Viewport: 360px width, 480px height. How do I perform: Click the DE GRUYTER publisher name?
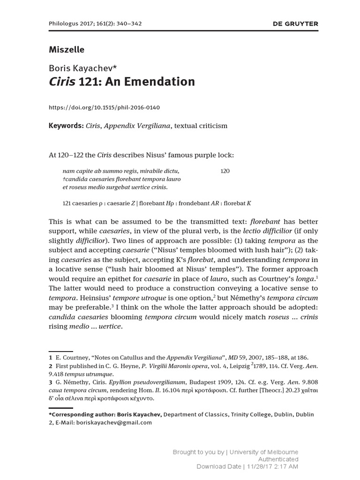(x=295, y=23)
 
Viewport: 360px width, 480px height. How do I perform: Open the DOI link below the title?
(x=105, y=107)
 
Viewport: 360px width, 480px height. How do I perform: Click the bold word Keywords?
(x=66, y=126)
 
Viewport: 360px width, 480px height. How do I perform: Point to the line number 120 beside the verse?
(x=225, y=171)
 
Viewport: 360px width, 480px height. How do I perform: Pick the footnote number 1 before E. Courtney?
(x=51, y=358)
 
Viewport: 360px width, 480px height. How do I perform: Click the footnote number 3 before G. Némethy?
(x=51, y=382)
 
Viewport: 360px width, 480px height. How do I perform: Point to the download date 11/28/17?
(x=262, y=466)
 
